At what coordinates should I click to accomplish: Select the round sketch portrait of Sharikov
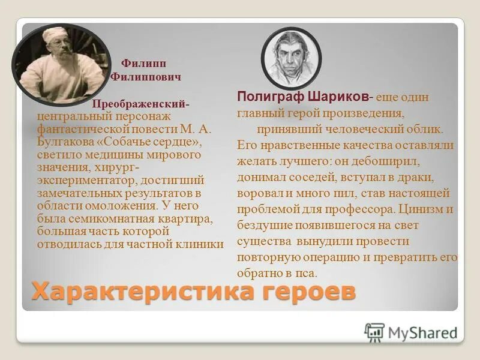291,58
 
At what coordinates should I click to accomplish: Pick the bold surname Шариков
338,97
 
